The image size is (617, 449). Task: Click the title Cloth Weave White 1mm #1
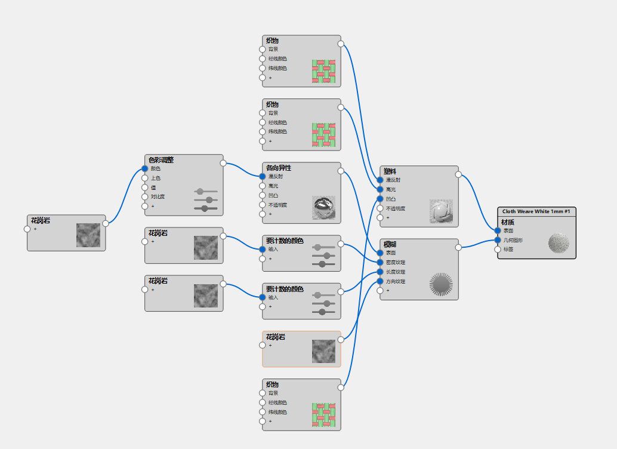[536, 211]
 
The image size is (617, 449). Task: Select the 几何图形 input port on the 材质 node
[498, 240]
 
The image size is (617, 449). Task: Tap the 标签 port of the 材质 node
[498, 250]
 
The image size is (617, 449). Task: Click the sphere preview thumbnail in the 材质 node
[559, 244]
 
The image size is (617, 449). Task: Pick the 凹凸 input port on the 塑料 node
[380, 199]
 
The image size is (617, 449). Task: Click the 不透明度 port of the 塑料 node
[380, 208]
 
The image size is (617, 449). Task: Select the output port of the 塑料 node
[458, 175]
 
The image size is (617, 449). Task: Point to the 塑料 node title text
[390, 171]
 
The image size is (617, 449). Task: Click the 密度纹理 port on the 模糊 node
[380, 262]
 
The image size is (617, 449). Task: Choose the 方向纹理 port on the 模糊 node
[380, 281]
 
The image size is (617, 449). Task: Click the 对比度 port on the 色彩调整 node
[144, 196]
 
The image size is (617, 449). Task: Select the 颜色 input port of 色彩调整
[144, 168]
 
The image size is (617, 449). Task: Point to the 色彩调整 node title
[161, 160]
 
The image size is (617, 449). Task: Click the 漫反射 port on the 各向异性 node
[262, 176]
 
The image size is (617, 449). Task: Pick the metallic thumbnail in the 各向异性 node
[323, 207]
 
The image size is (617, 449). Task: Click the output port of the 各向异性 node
[341, 171]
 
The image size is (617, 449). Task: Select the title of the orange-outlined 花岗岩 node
[276, 337]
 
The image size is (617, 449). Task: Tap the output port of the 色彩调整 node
[223, 163]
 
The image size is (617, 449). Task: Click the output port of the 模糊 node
[458, 247]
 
